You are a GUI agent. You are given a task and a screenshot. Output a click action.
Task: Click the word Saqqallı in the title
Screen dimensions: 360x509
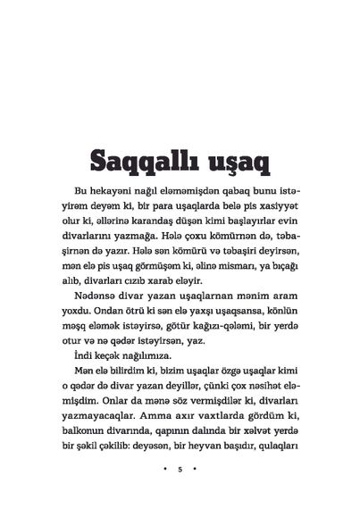[x=135, y=163]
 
